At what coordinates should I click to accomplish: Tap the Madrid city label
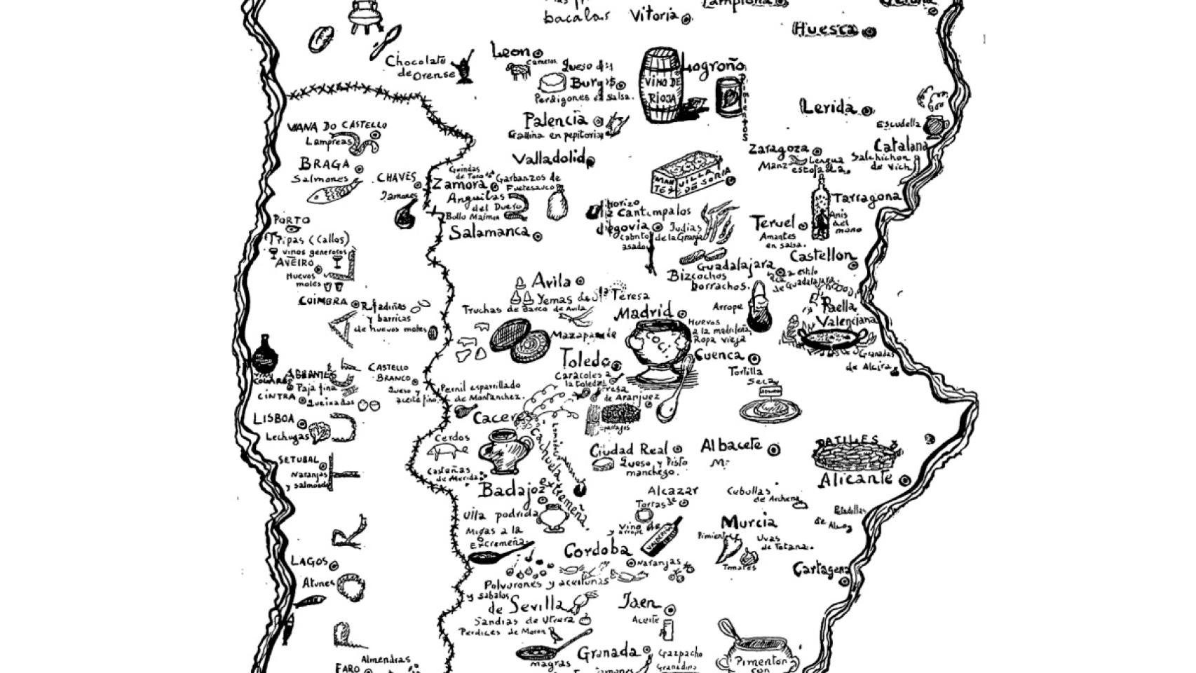click(643, 312)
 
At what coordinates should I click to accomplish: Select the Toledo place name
click(585, 360)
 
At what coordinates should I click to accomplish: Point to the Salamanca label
click(489, 233)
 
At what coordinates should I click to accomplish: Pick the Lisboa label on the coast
click(273, 419)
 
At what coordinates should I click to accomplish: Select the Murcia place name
click(748, 522)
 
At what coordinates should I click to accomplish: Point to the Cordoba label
click(597, 551)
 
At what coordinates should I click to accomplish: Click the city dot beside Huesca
click(870, 32)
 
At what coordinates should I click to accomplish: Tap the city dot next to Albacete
click(774, 449)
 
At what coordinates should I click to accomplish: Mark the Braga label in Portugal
click(324, 165)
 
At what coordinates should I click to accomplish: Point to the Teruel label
click(773, 224)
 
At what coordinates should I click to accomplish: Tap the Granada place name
click(607, 653)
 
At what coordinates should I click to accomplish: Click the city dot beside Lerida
click(867, 110)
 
